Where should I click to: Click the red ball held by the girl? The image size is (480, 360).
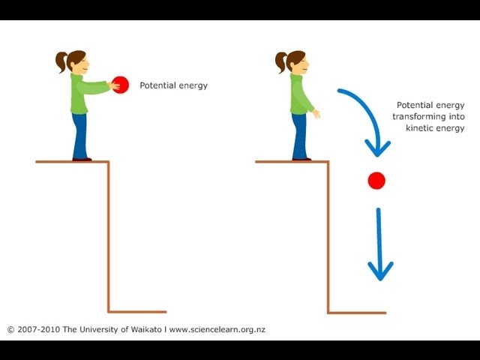click(120, 85)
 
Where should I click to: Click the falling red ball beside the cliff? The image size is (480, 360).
click(376, 180)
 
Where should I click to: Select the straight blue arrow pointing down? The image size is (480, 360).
click(380, 244)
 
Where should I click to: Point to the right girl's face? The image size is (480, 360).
click(301, 63)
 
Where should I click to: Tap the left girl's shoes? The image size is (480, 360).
click(82, 158)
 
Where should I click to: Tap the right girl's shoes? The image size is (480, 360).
click(301, 158)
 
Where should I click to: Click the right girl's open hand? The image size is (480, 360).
click(317, 114)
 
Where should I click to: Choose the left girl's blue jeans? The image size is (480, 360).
click(79, 135)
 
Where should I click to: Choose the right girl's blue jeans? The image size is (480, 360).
click(299, 135)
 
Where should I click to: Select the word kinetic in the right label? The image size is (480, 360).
click(416, 128)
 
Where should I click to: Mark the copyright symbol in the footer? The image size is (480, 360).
click(10, 329)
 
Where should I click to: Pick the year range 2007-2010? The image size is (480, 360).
click(35, 329)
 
